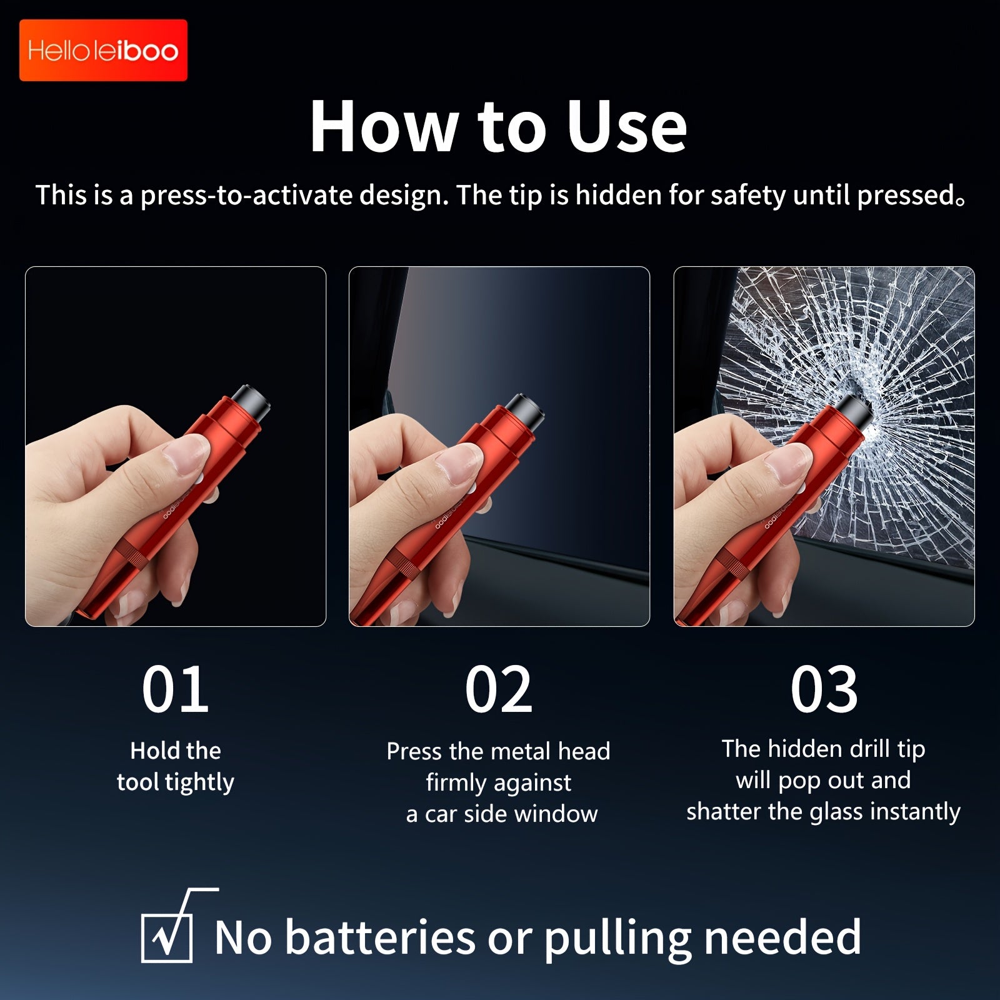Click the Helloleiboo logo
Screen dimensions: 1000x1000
103,50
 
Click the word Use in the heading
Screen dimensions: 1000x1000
626,126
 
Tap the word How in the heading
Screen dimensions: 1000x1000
383,126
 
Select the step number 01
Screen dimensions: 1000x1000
175,689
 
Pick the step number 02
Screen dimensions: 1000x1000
499,689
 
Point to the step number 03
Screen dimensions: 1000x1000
824,689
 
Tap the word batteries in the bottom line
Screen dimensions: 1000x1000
381,937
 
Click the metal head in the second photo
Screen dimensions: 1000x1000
524,410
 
